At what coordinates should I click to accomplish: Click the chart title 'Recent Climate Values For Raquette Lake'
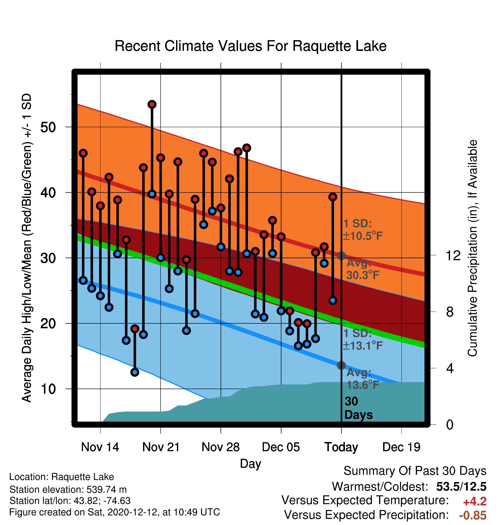tap(250, 46)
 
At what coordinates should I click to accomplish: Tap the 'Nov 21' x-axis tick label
tap(161, 447)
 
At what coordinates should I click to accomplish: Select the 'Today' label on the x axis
tap(341, 447)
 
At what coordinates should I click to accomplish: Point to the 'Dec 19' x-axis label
tap(401, 447)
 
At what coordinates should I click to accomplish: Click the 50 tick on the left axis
tap(48, 127)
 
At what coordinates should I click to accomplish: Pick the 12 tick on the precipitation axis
tap(453, 255)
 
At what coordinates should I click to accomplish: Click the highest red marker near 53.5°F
tap(152, 104)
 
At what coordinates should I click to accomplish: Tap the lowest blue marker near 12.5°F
tap(135, 372)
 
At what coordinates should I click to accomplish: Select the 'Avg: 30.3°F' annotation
tap(363, 269)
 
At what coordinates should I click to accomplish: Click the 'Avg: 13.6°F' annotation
tap(363, 379)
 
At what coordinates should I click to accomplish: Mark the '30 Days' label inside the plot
tap(358, 408)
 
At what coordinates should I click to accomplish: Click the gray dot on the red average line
tap(341, 256)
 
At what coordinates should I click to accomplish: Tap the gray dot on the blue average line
tap(341, 365)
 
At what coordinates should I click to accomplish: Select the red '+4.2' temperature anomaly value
tap(475, 501)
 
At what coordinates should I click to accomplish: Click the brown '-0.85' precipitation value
tap(473, 516)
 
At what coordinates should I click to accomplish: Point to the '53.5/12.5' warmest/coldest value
tap(461, 487)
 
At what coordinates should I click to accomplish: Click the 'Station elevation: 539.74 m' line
tap(68, 489)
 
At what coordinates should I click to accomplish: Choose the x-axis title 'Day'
tap(250, 464)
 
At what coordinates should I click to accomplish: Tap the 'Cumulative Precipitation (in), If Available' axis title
tap(472, 248)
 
